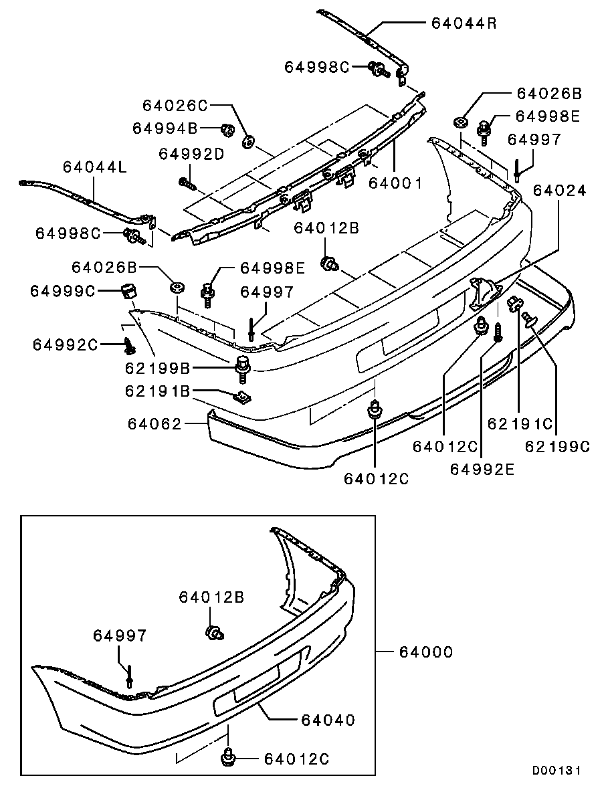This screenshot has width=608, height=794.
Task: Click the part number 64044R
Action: click(464, 23)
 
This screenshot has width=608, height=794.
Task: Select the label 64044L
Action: click(94, 167)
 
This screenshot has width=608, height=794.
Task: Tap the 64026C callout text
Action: click(175, 105)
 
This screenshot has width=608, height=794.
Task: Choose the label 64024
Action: click(559, 191)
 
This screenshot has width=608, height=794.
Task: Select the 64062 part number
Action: click(153, 423)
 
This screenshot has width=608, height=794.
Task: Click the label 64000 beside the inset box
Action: click(425, 651)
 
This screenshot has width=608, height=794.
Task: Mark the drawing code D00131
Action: click(556, 771)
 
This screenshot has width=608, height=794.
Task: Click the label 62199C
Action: click(557, 446)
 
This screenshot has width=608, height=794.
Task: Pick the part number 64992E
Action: click(482, 468)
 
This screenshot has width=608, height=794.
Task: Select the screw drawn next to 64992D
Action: click(187, 181)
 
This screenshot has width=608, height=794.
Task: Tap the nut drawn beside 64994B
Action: click(227, 128)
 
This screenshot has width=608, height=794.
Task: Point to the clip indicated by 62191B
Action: click(243, 397)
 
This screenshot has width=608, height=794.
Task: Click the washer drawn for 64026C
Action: click(249, 140)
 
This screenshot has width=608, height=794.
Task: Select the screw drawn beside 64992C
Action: click(130, 346)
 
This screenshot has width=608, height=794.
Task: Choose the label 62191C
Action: click(520, 423)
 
